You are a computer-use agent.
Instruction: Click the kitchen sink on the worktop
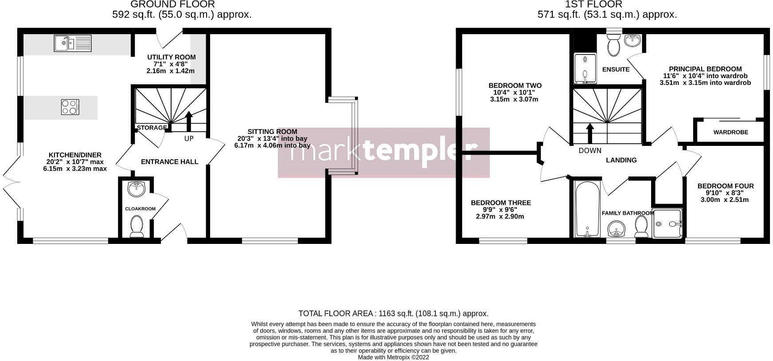tap(73, 43)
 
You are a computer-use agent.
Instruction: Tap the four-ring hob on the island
tap(70, 107)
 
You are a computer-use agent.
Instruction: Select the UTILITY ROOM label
tap(172, 57)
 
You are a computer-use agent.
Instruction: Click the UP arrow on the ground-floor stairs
tap(189, 121)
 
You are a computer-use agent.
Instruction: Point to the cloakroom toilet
tap(136, 226)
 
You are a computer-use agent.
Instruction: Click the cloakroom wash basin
tap(136, 188)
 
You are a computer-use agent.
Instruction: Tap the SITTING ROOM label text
tap(272, 132)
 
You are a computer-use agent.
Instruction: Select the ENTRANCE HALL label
tap(169, 162)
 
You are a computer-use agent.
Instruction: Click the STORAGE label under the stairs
tap(151, 128)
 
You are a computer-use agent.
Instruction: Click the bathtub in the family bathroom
tap(587, 208)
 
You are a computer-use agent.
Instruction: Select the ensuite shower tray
tap(585, 69)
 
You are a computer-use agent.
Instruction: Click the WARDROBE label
tap(730, 132)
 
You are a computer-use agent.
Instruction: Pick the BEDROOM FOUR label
tap(725, 186)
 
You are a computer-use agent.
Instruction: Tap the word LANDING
tap(621, 160)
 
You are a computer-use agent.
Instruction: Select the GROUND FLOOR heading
tap(172, 4)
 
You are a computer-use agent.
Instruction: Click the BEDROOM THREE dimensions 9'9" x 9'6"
tap(500, 210)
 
